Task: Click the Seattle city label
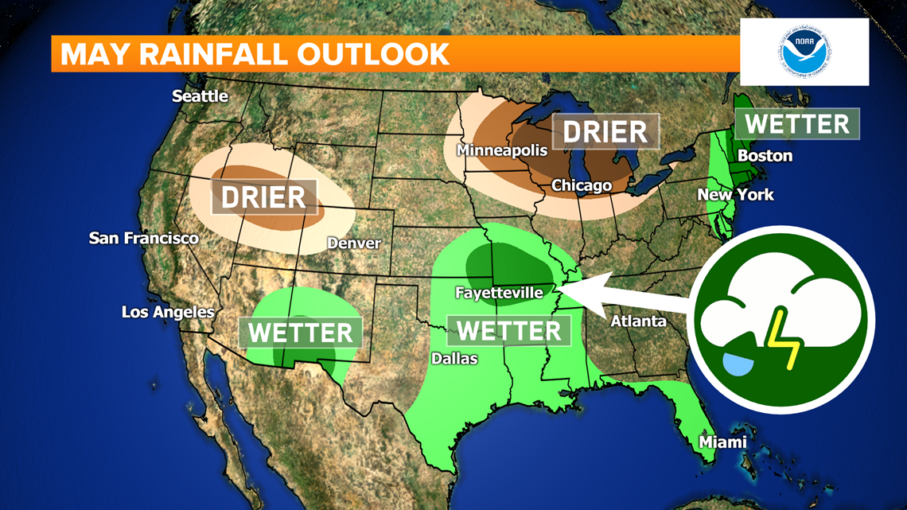(x=200, y=96)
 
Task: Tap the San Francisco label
(x=144, y=238)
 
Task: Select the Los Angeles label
(x=168, y=312)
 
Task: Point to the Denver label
(x=354, y=243)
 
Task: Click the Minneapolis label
(x=502, y=150)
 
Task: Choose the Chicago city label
(x=582, y=185)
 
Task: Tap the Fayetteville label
(x=499, y=293)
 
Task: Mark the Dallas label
(x=454, y=358)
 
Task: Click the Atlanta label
(x=638, y=321)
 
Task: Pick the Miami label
(x=722, y=442)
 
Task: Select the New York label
(x=735, y=194)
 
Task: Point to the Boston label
(x=765, y=155)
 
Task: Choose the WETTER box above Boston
(x=797, y=124)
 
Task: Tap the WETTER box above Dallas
(x=509, y=330)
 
